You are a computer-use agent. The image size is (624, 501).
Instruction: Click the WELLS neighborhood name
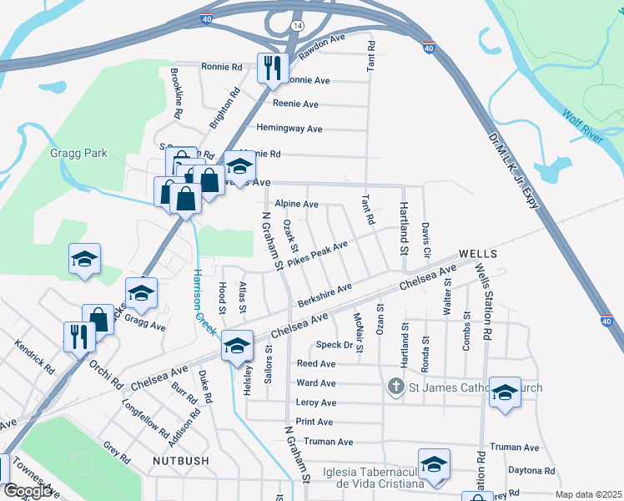coord(478,253)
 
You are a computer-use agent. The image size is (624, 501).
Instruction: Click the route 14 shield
coord(297,26)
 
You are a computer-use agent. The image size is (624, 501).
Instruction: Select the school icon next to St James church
coord(505,393)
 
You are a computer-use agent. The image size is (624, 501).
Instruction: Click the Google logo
coord(28,491)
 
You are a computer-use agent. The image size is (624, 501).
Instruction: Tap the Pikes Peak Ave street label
coord(317,254)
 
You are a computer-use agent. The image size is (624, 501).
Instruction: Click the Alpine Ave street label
coord(297,204)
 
